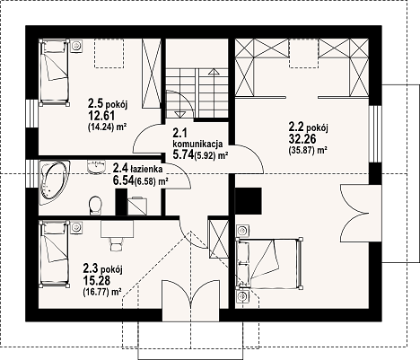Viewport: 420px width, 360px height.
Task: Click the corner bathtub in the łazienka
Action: (x=54, y=183)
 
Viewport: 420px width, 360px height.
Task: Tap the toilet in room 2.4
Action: (x=95, y=206)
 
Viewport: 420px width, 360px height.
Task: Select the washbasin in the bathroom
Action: (x=97, y=166)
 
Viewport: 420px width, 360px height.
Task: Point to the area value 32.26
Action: (x=302, y=139)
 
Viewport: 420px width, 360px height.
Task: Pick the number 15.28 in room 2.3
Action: (x=97, y=281)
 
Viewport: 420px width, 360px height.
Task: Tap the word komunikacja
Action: (x=197, y=144)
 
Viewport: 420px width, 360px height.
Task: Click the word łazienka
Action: (x=146, y=169)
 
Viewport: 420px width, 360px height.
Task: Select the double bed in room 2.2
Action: (x=269, y=264)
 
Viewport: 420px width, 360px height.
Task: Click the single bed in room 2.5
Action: (x=55, y=73)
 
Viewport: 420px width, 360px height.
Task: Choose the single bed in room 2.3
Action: (x=55, y=254)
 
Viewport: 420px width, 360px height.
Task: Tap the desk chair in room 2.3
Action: (x=116, y=244)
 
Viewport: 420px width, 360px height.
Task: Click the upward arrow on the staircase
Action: (x=214, y=93)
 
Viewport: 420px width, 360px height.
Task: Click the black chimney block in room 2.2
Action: (x=249, y=201)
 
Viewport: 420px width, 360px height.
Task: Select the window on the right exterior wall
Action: (x=375, y=134)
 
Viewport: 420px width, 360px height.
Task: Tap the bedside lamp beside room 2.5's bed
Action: (x=77, y=46)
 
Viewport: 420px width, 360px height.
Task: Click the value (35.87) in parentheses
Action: (x=301, y=151)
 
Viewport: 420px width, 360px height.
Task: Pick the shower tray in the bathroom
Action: (x=137, y=206)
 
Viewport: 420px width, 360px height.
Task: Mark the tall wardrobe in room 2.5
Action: (x=152, y=74)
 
